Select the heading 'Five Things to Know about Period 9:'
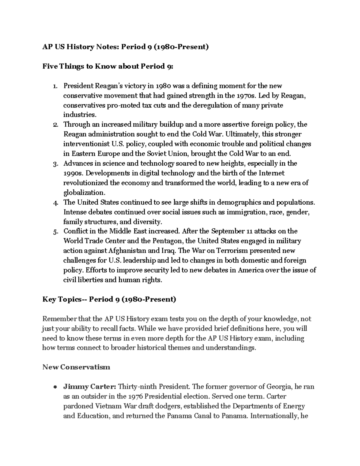click(x=108, y=67)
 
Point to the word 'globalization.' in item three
click(x=84, y=193)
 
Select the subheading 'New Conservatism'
click(x=76, y=367)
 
